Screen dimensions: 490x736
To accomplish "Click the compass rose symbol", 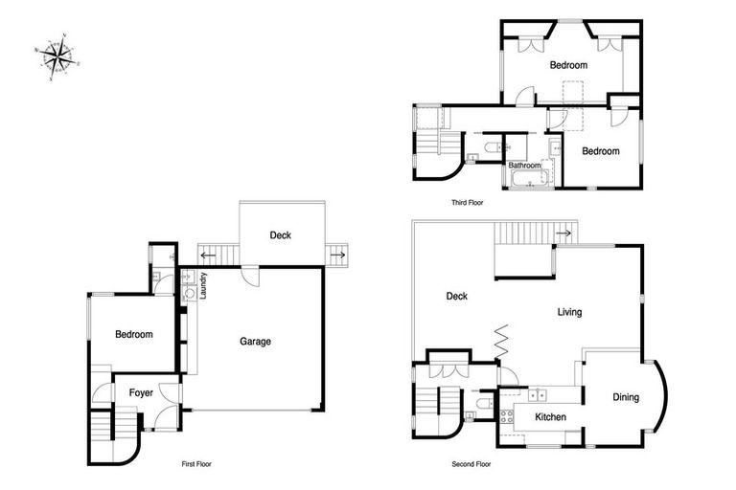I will (58, 56).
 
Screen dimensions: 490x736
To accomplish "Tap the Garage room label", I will (255, 342).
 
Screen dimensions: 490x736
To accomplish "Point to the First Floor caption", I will (196, 464).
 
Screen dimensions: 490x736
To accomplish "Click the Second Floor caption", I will (471, 464).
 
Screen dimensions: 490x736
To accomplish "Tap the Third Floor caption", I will (469, 203).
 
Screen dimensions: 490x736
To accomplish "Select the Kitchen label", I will (549, 417).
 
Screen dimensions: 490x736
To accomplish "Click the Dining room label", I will (626, 397).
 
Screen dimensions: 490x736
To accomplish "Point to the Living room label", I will (569, 312).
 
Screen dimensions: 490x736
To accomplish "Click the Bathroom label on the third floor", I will (524, 166).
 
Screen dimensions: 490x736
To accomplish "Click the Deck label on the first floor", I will (280, 235).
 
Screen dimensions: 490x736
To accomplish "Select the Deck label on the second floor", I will (456, 297).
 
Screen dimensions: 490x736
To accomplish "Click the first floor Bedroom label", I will (134, 335).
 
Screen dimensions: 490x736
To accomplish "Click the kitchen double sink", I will (538, 393).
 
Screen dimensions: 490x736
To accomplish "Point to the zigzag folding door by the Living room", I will (499, 340).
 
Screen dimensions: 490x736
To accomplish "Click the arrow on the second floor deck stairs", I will (564, 233).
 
